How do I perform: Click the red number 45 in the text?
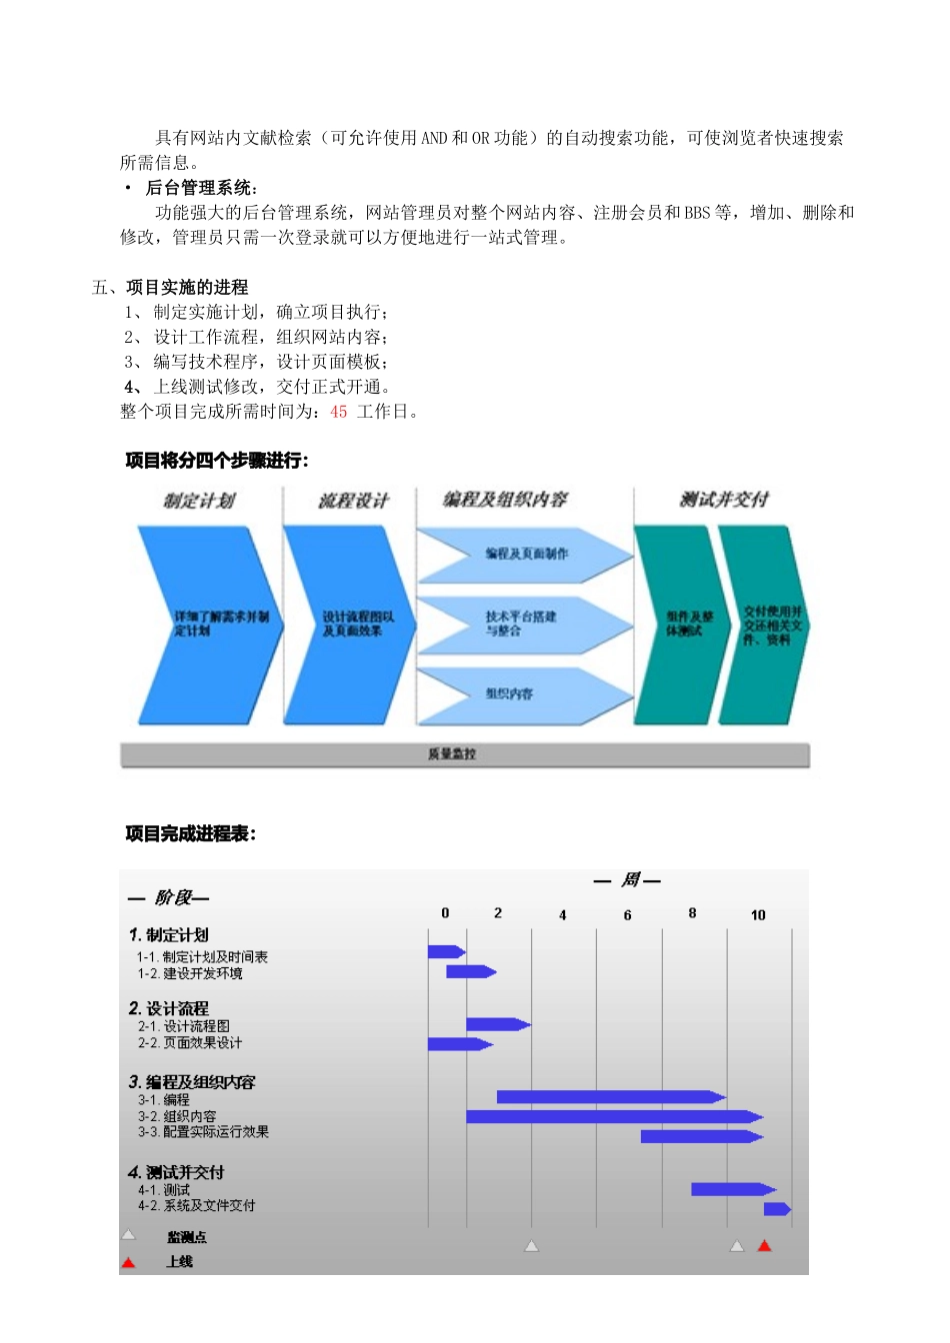pyautogui.click(x=339, y=412)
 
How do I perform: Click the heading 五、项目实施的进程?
pyautogui.click(x=170, y=288)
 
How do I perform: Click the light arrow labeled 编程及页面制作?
pyautogui.click(x=525, y=554)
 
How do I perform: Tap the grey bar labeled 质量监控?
pyautogui.click(x=464, y=755)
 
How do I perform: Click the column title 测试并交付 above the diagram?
pyautogui.click(x=724, y=500)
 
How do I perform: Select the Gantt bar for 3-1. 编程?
pyautogui.click(x=610, y=1097)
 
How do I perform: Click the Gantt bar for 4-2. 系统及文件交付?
pyautogui.click(x=777, y=1209)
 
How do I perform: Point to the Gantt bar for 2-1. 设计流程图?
pyautogui.click(x=497, y=1024)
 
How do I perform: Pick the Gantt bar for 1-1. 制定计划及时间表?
pyautogui.click(x=446, y=952)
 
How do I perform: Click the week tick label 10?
pyautogui.click(x=758, y=915)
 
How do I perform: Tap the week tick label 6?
pyautogui.click(x=628, y=915)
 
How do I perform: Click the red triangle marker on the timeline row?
pyautogui.click(x=765, y=1246)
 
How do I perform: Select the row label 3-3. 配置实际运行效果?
pyautogui.click(x=204, y=1132)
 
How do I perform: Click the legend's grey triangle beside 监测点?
pyautogui.click(x=129, y=1236)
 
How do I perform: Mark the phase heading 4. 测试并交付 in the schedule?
pyautogui.click(x=176, y=1172)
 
